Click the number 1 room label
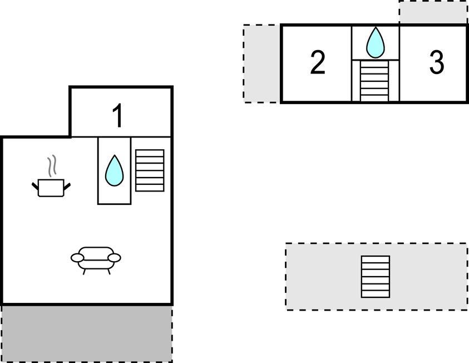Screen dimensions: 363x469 click(x=117, y=116)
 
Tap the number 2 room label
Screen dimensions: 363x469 click(x=317, y=63)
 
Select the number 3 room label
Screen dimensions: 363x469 click(x=437, y=63)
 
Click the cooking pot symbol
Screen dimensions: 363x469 click(x=51, y=187)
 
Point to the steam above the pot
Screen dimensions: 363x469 click(x=52, y=166)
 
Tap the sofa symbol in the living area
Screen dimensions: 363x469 click(x=96, y=257)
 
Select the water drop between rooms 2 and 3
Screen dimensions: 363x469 click(x=376, y=42)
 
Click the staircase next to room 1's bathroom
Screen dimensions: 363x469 click(x=150, y=170)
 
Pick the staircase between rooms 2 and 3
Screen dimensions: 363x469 click(x=374, y=81)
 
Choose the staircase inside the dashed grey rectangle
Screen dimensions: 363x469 click(x=376, y=277)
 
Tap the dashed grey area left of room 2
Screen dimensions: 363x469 click(x=261, y=63)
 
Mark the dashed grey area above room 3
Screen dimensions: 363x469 click(x=433, y=12)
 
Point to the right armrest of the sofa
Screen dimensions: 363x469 click(x=114, y=257)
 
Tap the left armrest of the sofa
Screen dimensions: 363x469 click(x=77, y=257)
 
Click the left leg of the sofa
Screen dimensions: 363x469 click(x=84, y=271)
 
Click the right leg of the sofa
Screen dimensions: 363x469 click(x=108, y=271)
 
